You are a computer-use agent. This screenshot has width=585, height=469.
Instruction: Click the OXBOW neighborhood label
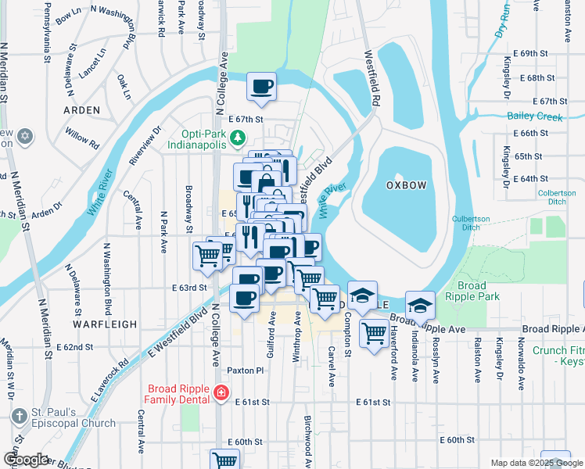[x=406, y=184]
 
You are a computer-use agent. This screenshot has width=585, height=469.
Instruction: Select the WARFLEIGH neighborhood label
[x=105, y=324]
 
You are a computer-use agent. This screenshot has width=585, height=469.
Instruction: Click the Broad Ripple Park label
[x=472, y=291]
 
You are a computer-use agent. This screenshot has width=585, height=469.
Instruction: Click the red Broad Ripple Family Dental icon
[x=222, y=392]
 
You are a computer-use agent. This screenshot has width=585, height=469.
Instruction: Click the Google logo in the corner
[x=25, y=460]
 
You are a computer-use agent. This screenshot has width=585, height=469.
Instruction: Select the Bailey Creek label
[x=535, y=116]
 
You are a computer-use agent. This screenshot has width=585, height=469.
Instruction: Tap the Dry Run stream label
[x=503, y=20]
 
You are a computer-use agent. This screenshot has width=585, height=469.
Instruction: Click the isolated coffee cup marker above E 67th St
[x=261, y=87]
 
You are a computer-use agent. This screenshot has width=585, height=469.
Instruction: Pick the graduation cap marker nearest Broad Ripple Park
[x=420, y=305]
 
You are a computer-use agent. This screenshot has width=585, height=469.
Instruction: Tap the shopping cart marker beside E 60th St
[x=224, y=460]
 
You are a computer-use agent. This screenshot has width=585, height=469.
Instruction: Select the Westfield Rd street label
[x=371, y=78]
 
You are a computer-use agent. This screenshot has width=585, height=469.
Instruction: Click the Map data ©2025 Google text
[x=537, y=463]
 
